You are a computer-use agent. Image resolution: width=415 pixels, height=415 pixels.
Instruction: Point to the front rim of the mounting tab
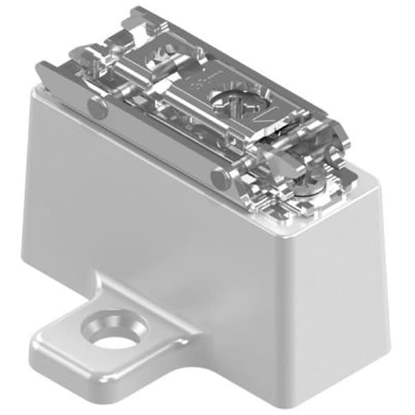[104, 377]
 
